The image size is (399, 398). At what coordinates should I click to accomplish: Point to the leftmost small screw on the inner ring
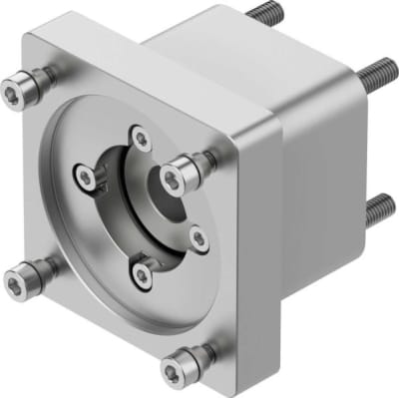click(87, 178)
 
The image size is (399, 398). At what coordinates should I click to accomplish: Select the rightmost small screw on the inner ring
click(199, 237)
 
